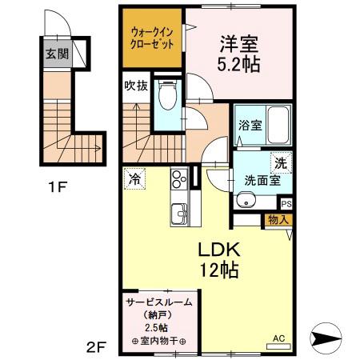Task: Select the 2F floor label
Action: point(96,346)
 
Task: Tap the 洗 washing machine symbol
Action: point(280,162)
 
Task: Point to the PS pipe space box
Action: point(286,204)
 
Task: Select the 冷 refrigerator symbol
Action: point(135,178)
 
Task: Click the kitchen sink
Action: point(177,214)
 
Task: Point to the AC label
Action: point(279,338)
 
